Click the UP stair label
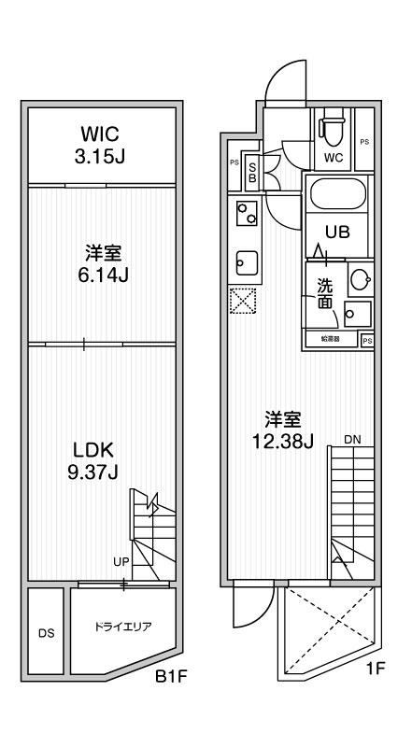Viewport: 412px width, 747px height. [121, 561]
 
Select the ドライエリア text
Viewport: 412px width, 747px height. [123, 627]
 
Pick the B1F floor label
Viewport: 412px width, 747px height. [173, 699]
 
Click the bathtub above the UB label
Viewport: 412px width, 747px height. [337, 196]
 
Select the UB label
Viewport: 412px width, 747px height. [337, 233]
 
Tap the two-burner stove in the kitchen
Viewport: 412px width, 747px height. [247, 218]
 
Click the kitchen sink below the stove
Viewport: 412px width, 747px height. [247, 262]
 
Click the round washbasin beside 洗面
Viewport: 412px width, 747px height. [360, 278]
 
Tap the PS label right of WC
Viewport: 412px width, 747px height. [364, 142]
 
